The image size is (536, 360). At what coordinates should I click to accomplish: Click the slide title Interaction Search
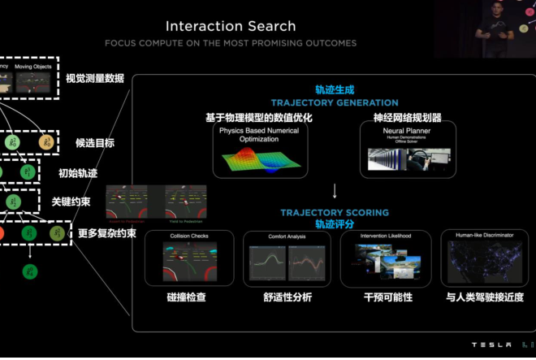pyautogui.click(x=231, y=26)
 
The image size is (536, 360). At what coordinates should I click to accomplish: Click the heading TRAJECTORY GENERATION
pyautogui.click(x=335, y=103)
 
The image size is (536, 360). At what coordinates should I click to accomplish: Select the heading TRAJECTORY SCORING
pyautogui.click(x=335, y=213)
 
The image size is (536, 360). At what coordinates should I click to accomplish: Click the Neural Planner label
pyautogui.click(x=407, y=130)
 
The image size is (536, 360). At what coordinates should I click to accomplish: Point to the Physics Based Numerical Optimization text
pyautogui.click(x=259, y=134)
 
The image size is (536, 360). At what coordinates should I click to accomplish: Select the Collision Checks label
pyautogui.click(x=188, y=236)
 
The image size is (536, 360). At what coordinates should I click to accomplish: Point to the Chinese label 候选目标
pyautogui.click(x=95, y=143)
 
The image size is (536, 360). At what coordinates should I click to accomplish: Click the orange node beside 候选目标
pyautogui.click(x=46, y=143)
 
